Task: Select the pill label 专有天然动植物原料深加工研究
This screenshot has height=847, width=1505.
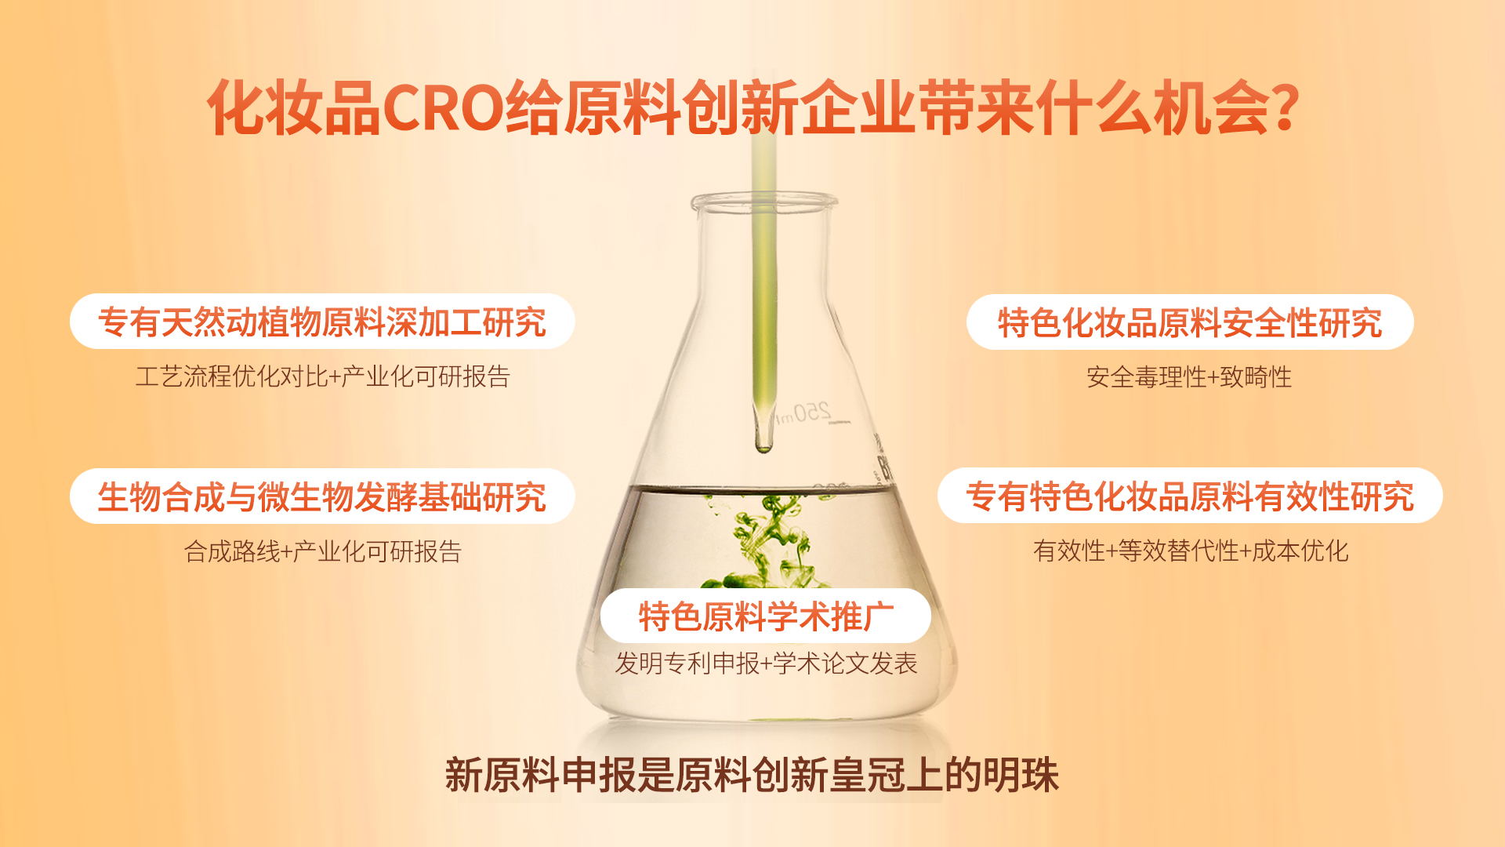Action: (x=322, y=322)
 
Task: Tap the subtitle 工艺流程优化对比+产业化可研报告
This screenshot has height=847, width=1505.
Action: (x=322, y=376)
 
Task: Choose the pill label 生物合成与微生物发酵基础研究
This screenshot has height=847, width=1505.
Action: (x=322, y=496)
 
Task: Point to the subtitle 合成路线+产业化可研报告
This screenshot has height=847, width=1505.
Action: (x=322, y=551)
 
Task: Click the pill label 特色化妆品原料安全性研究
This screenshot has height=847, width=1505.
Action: (x=1189, y=322)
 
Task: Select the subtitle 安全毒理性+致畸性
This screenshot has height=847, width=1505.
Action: (x=1189, y=377)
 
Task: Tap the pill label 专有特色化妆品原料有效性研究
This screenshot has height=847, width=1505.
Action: (x=1190, y=496)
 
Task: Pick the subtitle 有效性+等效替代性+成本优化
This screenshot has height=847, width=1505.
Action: (x=1190, y=551)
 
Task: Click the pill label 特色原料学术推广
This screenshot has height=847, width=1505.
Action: (x=766, y=616)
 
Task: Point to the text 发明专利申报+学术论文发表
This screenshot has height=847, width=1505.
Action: (x=766, y=663)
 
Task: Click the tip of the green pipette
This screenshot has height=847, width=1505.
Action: (x=763, y=449)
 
